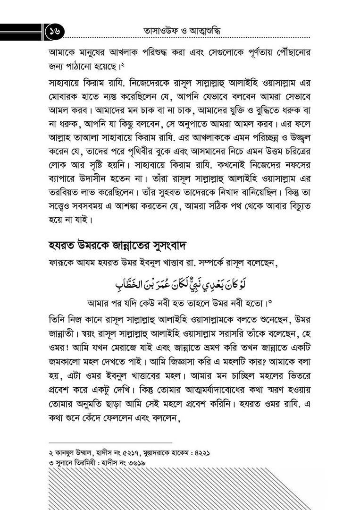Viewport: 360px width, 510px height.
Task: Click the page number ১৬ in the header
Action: coord(56,32)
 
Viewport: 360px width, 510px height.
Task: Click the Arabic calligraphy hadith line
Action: coord(181,284)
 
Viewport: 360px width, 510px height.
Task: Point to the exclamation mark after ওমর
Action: coord(70,349)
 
